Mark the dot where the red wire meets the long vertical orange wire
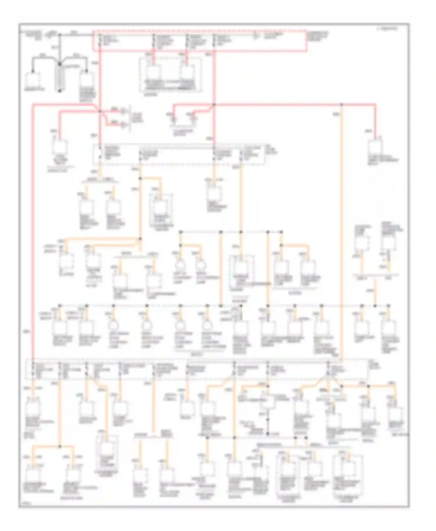342,104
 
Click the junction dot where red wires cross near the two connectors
100,111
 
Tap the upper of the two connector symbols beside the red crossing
125,111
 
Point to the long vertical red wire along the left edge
33,232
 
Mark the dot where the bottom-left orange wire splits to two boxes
60,446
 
